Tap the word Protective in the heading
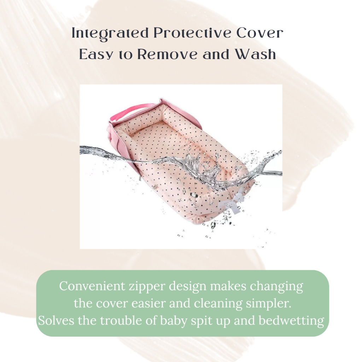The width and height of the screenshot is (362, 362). pyautogui.click(x=192, y=33)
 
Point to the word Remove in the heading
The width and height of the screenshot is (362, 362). pyautogui.click(x=167, y=54)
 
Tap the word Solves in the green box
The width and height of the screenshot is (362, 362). pyautogui.click(x=56, y=320)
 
